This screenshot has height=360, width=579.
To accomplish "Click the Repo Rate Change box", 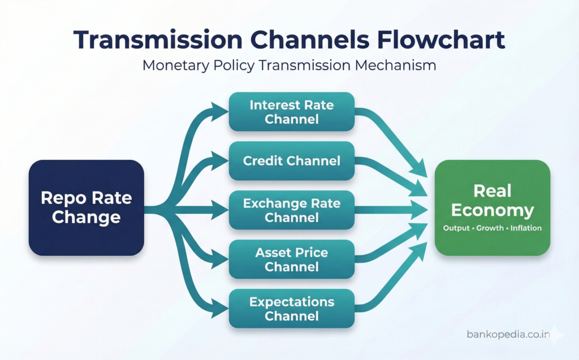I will coord(86,207).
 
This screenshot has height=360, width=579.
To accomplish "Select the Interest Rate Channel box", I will coord(291,112).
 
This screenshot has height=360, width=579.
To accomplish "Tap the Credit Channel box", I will coord(291,161).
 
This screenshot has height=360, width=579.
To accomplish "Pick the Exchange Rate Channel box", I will coord(291,210).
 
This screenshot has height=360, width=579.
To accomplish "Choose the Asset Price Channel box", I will coord(291,259).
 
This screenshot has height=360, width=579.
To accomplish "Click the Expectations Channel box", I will coord(291,309).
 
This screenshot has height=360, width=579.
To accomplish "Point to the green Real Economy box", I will coord(492,207).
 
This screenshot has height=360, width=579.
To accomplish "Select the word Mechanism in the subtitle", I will coord(395,65).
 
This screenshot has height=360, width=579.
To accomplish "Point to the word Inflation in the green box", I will coord(526,228).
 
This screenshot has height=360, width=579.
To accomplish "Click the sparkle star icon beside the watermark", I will coord(557,335).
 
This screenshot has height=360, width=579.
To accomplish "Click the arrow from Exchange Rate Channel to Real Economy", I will coord(390,210).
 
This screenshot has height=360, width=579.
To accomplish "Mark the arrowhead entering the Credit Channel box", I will coord(221,161).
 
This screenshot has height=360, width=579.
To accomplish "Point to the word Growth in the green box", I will coord(490,228).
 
